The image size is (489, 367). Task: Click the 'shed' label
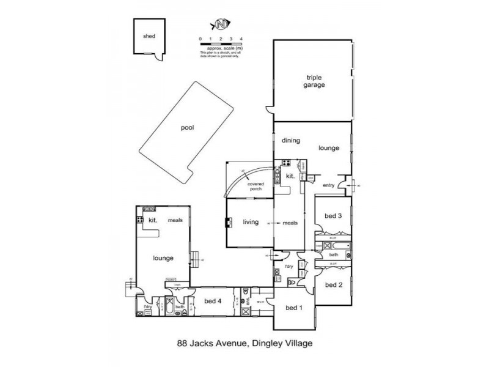click(x=149, y=36)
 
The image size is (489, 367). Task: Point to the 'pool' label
click(x=186, y=129)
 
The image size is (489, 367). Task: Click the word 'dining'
click(x=290, y=141)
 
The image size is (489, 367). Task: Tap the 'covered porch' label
click(x=255, y=187)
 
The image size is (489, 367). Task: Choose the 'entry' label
click(x=329, y=185)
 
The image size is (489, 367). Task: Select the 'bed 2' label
click(x=333, y=284)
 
